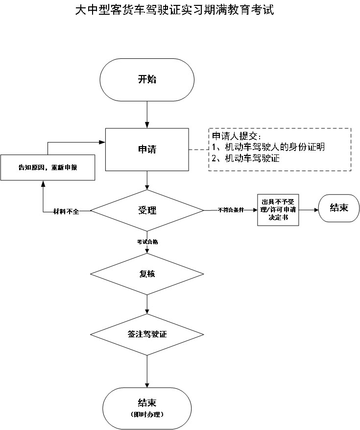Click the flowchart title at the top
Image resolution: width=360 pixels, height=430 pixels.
point(174,10)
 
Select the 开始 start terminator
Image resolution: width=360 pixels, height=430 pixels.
point(147,79)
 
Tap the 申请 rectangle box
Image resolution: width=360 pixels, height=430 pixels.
point(147,150)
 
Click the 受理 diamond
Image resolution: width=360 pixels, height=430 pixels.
point(147,211)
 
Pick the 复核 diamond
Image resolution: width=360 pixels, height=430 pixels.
point(147,274)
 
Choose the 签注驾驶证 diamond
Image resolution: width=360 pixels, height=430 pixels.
point(147,334)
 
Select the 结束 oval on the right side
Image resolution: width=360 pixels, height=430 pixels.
point(339,208)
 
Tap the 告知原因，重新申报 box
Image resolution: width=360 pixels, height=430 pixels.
point(48,168)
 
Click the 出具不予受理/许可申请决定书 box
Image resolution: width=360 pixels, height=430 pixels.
point(278,210)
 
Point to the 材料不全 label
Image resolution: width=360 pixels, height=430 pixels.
point(66,211)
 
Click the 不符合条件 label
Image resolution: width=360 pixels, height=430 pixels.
point(231,210)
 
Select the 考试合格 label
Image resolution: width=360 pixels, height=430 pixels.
point(147,242)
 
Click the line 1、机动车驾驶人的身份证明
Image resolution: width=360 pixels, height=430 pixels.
point(268,147)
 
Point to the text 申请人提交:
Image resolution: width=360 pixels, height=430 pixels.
point(237,135)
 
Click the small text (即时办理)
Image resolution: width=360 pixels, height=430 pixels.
point(147,415)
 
